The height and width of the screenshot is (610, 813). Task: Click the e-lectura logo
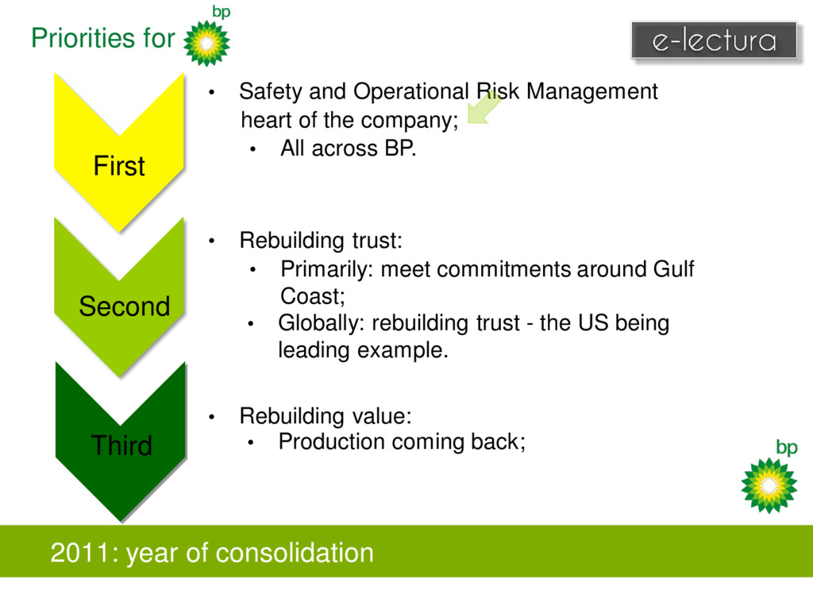click(x=714, y=40)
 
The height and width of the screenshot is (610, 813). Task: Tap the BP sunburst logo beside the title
click(x=206, y=42)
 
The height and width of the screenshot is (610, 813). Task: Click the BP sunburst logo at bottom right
click(x=769, y=484)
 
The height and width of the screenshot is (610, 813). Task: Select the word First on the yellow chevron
click(x=119, y=166)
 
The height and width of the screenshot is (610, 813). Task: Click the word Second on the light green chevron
click(x=125, y=306)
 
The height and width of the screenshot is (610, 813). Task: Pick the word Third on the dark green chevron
click(x=121, y=446)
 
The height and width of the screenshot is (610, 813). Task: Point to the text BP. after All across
click(x=400, y=149)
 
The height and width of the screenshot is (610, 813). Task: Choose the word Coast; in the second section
click(x=313, y=296)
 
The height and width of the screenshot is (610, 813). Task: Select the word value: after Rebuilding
click(x=384, y=416)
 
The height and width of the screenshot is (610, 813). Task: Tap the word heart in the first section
click(x=266, y=121)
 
